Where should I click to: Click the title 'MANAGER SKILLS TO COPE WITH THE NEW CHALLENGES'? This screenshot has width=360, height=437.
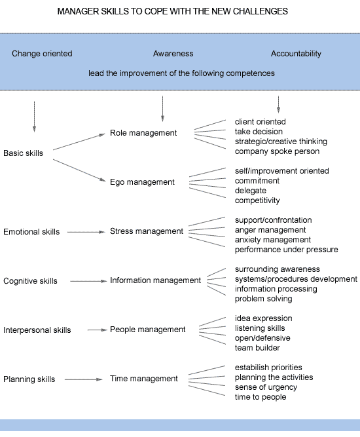pyautogui.click(x=172, y=11)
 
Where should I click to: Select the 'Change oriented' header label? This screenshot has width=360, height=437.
pyautogui.click(x=42, y=54)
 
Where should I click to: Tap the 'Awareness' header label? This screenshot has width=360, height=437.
pyautogui.click(x=173, y=54)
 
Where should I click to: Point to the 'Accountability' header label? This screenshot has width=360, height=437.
pyautogui.click(x=296, y=54)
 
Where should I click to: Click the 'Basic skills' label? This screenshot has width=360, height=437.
pyautogui.click(x=24, y=153)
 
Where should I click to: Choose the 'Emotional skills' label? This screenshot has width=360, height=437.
pyautogui.click(x=31, y=231)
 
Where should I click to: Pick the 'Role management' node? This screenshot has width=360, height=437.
pyautogui.click(x=143, y=133)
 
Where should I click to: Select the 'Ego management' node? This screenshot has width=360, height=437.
pyautogui.click(x=142, y=182)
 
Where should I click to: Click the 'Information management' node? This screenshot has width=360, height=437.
pyautogui.click(x=155, y=280)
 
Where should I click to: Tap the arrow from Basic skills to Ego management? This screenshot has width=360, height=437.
pyautogui.click(x=79, y=170)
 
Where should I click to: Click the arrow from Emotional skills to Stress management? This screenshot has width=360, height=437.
pyautogui.click(x=86, y=232)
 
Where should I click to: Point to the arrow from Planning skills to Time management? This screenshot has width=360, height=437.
pyautogui.click(x=84, y=379)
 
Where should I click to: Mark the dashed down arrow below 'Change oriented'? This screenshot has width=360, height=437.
pyautogui.click(x=34, y=117)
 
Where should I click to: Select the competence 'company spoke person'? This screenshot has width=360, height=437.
pyautogui.click(x=277, y=151)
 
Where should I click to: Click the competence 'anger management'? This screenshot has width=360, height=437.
pyautogui.click(x=270, y=230)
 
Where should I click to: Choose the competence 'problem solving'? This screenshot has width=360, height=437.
pyautogui.click(x=263, y=299)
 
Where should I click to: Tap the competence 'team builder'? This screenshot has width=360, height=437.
pyautogui.click(x=257, y=348)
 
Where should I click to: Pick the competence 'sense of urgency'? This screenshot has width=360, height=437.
pyautogui.click(x=266, y=387)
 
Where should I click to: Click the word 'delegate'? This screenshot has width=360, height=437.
pyautogui.click(x=251, y=191)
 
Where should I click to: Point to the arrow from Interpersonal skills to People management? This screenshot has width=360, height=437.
pyautogui.click(x=97, y=330)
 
